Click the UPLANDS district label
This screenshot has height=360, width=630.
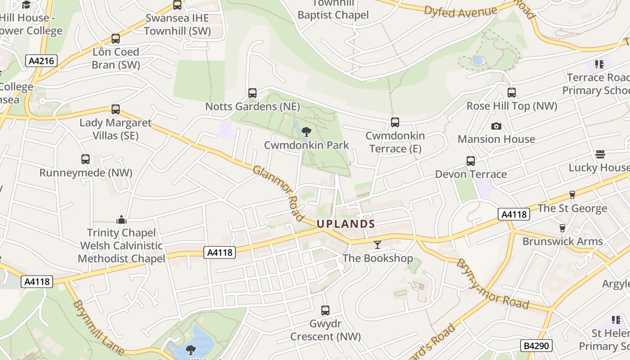click(346, 224)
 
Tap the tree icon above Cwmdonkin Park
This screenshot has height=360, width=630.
click(306, 132)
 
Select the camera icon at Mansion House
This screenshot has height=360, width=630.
click(496, 126)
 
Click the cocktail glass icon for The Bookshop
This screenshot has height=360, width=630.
click(377, 244)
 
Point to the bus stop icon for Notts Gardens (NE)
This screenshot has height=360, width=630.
click(252, 93)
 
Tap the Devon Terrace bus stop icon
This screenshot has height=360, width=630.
click(471, 161)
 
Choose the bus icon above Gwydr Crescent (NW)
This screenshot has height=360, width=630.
click(325, 310)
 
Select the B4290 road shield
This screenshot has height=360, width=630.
click(536, 346)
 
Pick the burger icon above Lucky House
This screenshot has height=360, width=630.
click(600, 154)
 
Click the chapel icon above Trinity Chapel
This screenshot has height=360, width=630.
click(121, 220)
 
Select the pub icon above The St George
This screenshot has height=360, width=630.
click(572, 195)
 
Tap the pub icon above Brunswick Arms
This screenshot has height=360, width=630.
click(562, 228)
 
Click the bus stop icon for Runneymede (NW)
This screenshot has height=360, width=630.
click(85, 159)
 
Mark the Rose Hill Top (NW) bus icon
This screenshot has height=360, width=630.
click(512, 93)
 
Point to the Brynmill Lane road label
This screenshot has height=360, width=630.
click(97, 327)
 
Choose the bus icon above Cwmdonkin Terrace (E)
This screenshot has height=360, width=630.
click(395, 122)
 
